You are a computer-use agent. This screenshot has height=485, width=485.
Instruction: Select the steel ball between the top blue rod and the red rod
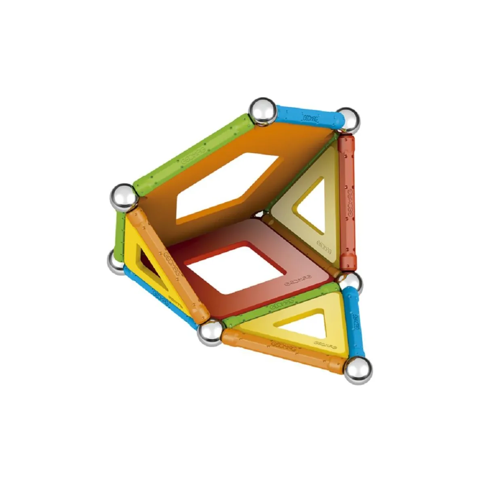tap(348, 120)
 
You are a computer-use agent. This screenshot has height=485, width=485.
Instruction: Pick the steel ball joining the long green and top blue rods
tap(262, 110)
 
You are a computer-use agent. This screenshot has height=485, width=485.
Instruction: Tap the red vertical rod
tap(348, 202)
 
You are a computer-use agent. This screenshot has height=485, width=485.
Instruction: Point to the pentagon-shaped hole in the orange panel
tap(228, 186)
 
